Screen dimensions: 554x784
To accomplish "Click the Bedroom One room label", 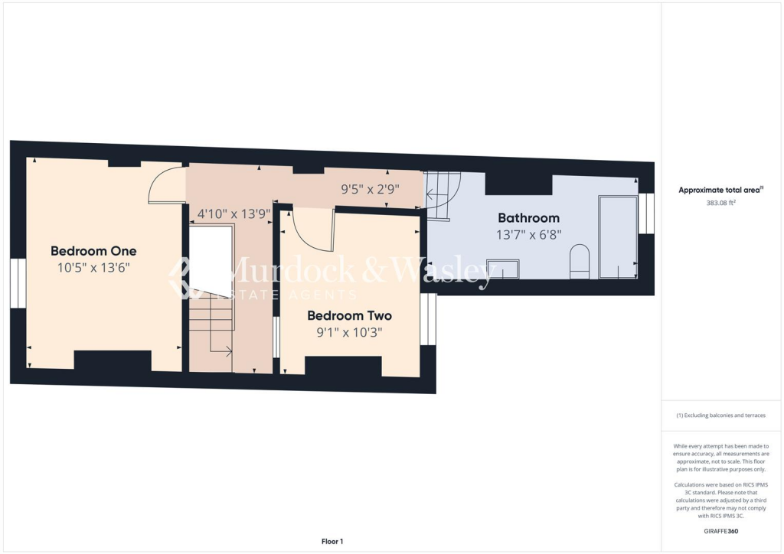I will coord(93,251).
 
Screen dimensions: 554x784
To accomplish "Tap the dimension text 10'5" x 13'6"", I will coord(93,268).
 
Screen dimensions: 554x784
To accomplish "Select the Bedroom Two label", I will coord(349,315).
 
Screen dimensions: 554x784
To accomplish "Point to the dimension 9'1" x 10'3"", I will coord(349,332).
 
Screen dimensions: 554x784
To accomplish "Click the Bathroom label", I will coord(528,218).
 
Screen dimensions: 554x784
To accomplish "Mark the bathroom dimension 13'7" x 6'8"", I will coord(528,235).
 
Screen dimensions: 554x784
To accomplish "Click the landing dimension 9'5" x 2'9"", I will coord(370,188).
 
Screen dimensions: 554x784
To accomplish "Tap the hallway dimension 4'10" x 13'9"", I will coord(234,214).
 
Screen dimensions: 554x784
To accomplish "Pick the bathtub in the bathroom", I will coord(618,236).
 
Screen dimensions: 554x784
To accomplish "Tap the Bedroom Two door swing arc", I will coord(312,232).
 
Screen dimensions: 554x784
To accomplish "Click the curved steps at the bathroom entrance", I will coord(442,195).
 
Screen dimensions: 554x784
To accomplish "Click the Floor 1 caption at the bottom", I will coord(332,542).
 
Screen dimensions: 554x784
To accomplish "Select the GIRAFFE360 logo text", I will coord(722,531).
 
